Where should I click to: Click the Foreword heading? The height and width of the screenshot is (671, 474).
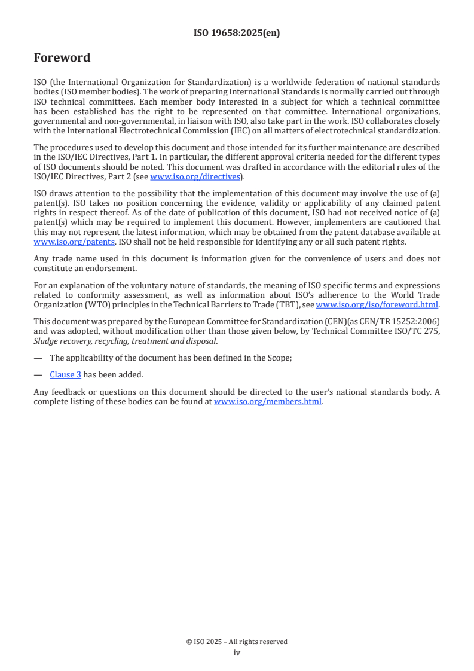click(x=62, y=58)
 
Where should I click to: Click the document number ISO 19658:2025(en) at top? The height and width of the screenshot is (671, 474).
click(x=237, y=33)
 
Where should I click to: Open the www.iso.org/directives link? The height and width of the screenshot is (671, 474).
click(x=194, y=176)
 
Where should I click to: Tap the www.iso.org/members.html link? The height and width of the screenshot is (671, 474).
click(x=268, y=402)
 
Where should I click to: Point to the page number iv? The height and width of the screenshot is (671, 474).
click(x=237, y=652)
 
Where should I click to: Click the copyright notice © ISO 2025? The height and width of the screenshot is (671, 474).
click(x=237, y=642)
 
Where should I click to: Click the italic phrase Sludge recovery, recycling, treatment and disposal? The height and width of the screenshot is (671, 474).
click(x=125, y=341)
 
